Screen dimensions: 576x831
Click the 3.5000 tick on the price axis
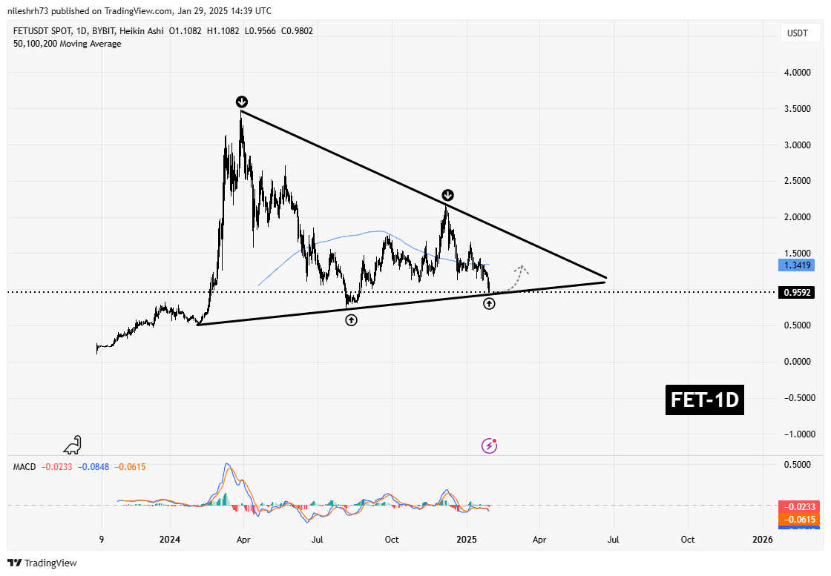(x=798, y=109)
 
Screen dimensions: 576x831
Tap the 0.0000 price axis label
(x=798, y=362)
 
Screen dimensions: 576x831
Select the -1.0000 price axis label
(x=797, y=434)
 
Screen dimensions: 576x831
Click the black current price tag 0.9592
(x=798, y=293)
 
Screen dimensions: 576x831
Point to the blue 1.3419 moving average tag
(x=798, y=265)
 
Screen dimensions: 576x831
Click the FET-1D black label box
(x=704, y=400)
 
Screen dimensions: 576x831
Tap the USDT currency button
(x=798, y=33)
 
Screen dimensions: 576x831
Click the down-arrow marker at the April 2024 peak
(x=242, y=102)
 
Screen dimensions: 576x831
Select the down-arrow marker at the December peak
(x=448, y=195)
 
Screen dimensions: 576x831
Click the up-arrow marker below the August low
(x=351, y=320)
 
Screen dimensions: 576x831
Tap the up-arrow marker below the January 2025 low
(x=489, y=303)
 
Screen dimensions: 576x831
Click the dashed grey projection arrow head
(x=522, y=268)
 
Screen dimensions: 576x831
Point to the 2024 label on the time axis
(x=170, y=540)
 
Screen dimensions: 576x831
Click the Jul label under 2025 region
(x=614, y=540)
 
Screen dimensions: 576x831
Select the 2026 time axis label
(x=762, y=540)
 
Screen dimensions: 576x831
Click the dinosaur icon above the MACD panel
(x=73, y=445)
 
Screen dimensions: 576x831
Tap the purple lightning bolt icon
(x=489, y=445)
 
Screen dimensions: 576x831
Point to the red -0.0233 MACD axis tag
(x=798, y=506)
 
